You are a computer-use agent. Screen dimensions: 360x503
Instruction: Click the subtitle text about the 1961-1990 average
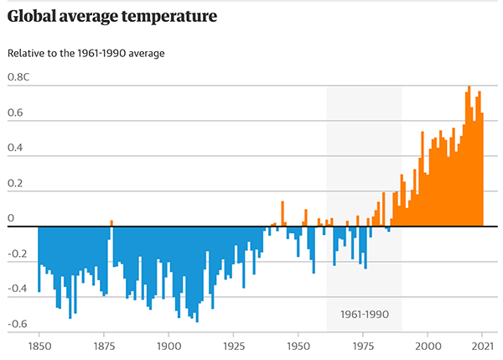coord(86,53)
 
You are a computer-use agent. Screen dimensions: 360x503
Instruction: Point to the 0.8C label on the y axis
coord(20,77)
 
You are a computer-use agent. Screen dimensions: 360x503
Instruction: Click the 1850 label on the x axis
coord(39,346)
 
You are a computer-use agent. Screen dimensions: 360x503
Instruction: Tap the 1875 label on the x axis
coord(104,346)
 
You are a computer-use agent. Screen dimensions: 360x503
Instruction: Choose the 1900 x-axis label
coord(169,346)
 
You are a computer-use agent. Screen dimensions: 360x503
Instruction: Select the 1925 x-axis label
coord(234,346)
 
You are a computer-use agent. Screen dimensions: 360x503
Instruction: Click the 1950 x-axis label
coord(298,346)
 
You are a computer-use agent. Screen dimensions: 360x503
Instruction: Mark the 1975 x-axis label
coord(363,346)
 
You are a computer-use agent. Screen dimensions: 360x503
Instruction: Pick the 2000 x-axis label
coord(428,346)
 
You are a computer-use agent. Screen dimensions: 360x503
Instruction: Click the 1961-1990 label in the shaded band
coord(365,314)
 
